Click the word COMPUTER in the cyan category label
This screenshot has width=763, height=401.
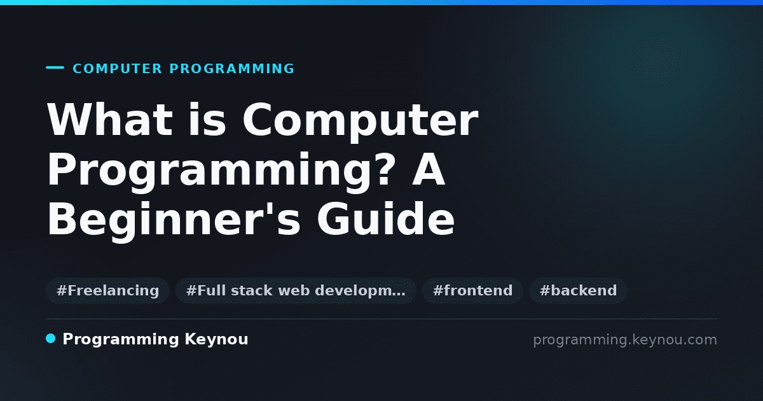(x=117, y=69)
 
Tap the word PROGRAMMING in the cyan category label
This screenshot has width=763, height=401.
(x=231, y=69)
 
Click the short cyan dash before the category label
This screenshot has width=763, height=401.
(x=55, y=67)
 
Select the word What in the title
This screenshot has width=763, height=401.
(x=110, y=120)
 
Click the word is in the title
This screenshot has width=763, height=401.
(x=207, y=120)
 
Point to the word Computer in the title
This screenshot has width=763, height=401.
(x=361, y=122)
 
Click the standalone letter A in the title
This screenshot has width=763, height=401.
(x=429, y=169)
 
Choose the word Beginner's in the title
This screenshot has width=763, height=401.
(x=174, y=221)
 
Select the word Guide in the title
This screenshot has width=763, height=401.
(x=386, y=218)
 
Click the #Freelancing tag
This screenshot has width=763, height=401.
(x=107, y=290)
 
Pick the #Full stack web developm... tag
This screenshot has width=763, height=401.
(x=296, y=290)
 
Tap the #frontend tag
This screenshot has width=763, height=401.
(x=472, y=290)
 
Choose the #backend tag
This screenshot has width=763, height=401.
(x=578, y=290)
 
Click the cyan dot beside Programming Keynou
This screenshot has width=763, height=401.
(x=51, y=339)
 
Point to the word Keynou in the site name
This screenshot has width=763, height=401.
(x=216, y=340)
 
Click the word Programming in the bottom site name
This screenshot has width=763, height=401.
(x=121, y=340)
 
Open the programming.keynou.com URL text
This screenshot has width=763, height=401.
(x=625, y=340)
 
